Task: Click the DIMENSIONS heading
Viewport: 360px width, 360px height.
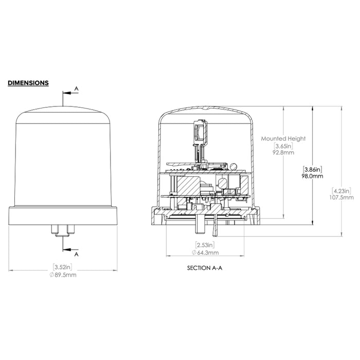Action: (x=28, y=83)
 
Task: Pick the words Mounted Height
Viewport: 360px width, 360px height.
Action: (x=283, y=138)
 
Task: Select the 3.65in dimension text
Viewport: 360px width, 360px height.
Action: (x=283, y=146)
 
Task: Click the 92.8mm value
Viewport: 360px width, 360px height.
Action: (x=283, y=153)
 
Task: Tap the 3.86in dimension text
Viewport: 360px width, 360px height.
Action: (x=313, y=169)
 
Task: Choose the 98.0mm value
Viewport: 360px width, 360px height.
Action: (x=313, y=176)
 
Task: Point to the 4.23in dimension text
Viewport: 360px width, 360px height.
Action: (x=341, y=190)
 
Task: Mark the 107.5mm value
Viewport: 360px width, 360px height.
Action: (x=341, y=197)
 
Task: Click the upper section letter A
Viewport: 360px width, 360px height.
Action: (x=77, y=89)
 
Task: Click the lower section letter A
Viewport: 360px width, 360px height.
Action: (x=77, y=254)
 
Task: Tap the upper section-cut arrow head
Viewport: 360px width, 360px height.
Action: (x=64, y=93)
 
